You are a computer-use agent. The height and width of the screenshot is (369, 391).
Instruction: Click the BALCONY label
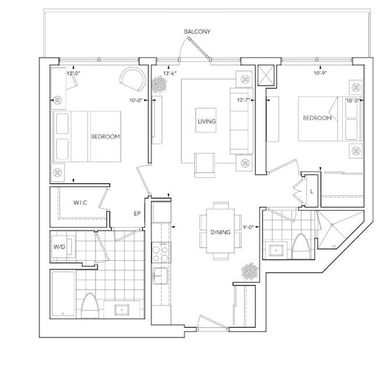point(197,31)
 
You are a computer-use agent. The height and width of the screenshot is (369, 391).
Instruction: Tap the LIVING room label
point(206,122)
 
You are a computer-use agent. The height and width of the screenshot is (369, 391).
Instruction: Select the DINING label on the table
point(221,232)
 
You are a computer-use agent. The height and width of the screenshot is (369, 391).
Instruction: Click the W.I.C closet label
point(81,203)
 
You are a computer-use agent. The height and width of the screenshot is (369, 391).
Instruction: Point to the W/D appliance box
point(60,247)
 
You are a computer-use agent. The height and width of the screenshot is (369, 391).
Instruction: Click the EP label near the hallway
point(137,214)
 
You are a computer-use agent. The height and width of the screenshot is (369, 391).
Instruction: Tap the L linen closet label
point(312,191)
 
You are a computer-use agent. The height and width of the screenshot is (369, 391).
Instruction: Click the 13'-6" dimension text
point(170,74)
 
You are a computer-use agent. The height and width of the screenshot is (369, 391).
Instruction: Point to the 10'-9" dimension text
point(321,74)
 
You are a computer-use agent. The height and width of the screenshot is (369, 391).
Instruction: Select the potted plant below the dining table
point(250,272)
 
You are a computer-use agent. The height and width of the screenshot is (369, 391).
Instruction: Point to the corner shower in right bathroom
point(337,229)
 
